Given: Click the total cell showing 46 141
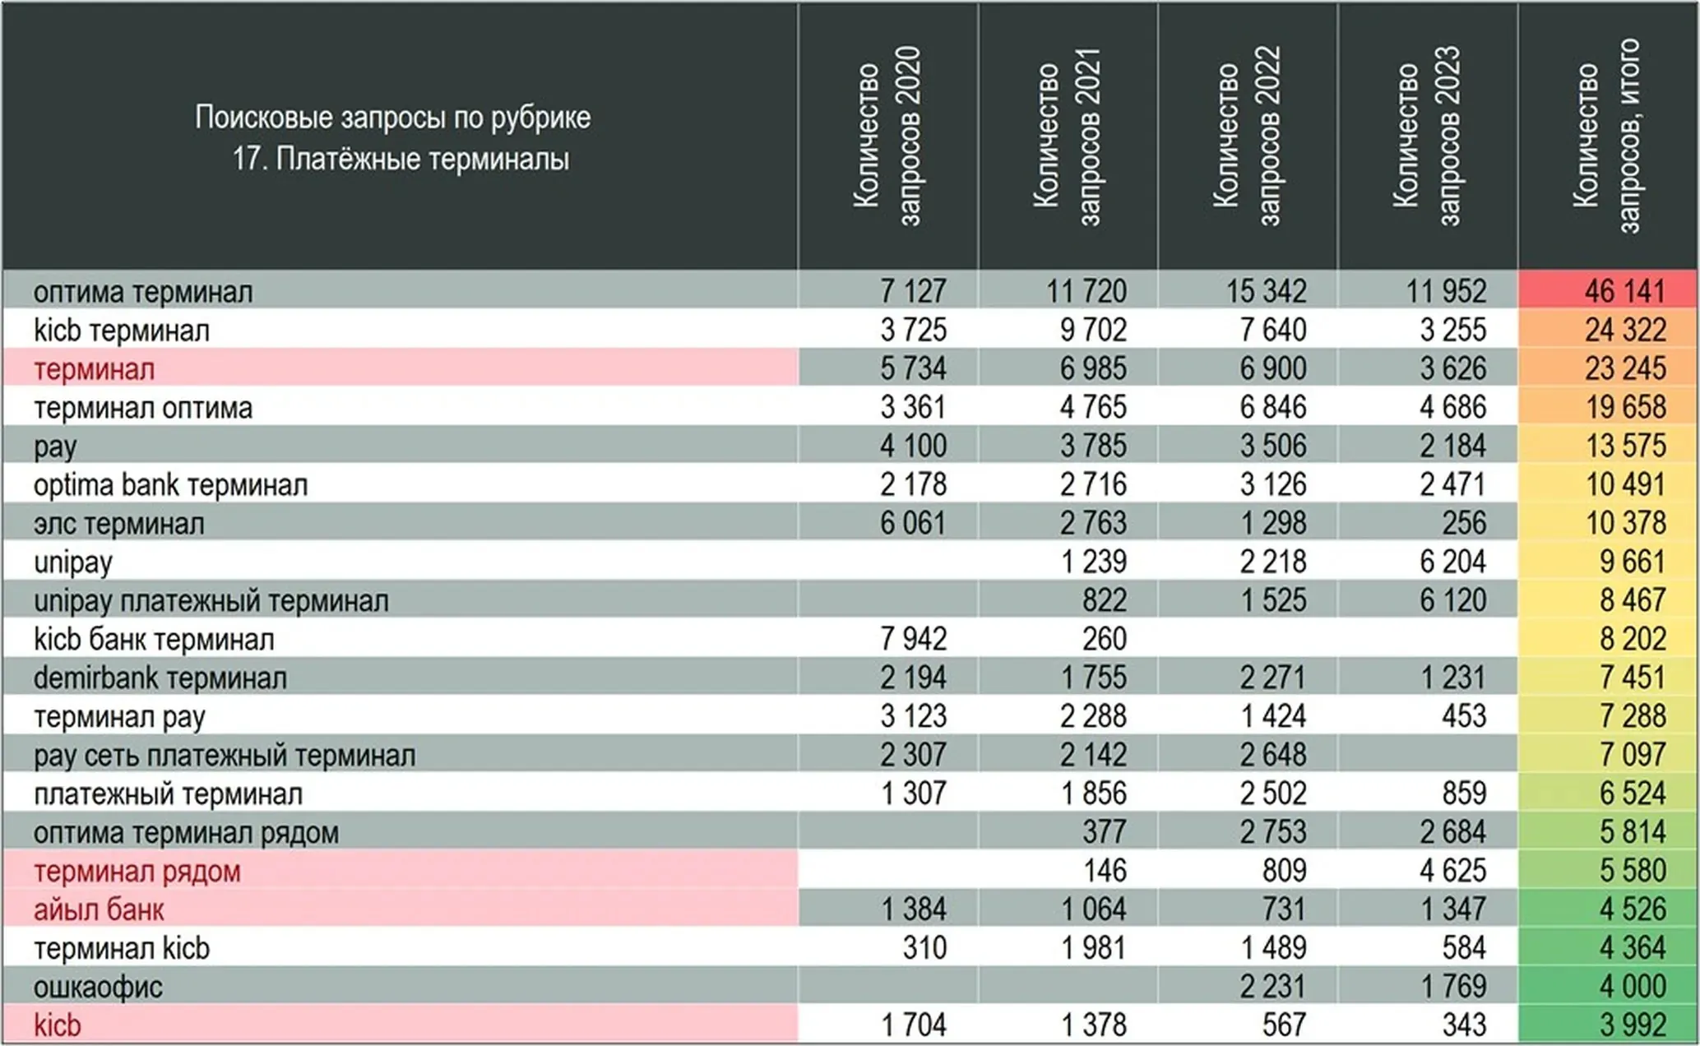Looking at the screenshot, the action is coord(1625,291).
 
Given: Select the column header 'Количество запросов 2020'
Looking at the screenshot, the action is coord(887,136).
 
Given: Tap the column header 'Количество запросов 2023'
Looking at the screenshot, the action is coord(1427,136).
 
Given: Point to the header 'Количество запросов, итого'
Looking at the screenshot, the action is coord(1607,136).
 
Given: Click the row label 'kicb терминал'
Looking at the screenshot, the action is coord(122,331).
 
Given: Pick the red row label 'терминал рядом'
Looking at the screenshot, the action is coord(137,871).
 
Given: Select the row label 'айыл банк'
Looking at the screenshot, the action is coord(99,909).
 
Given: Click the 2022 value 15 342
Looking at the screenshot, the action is coord(1266,291).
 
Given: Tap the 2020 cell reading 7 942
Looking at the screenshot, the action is coord(913,639).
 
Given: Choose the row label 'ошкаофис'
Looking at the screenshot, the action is coord(98,987).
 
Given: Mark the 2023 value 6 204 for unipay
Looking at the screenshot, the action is coord(1452,562).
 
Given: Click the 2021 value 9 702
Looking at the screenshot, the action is coord(1093,331).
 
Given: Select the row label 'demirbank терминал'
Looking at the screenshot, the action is coord(160,678).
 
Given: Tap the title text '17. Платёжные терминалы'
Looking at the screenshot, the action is coord(401,159).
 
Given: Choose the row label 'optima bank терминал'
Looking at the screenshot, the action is coord(171,485).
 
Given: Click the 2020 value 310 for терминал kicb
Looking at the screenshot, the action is coord(924,948).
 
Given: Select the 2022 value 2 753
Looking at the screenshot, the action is coord(1273,832).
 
